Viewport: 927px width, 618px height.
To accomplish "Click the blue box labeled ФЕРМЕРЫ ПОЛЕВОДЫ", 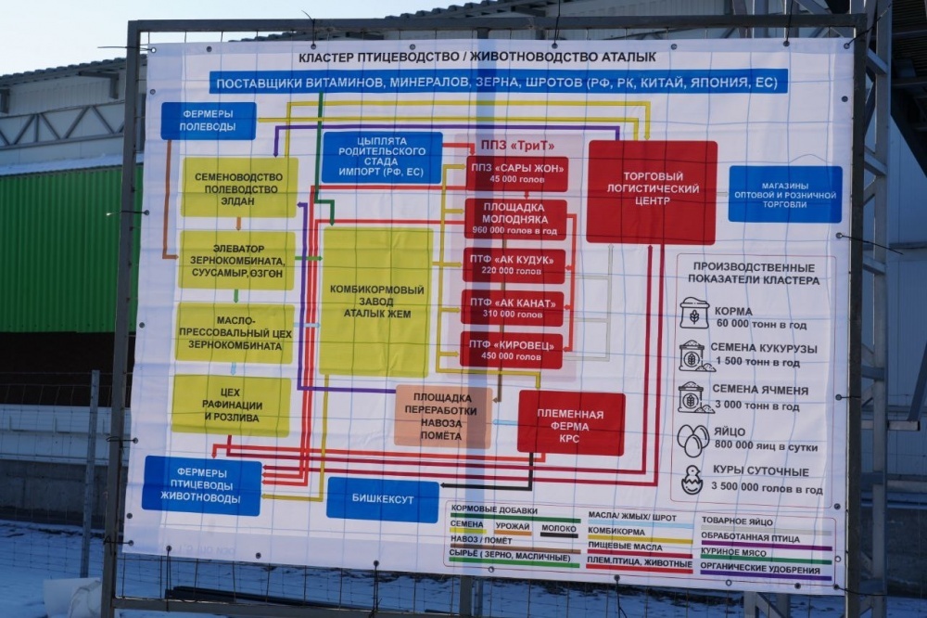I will click(x=208, y=121).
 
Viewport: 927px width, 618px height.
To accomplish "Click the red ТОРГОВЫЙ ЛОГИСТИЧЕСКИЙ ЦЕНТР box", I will click(x=651, y=191).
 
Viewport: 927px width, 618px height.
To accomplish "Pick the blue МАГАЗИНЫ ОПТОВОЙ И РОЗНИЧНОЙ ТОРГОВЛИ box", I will click(x=784, y=194).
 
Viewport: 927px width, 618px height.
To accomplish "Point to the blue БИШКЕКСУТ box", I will click(x=382, y=499).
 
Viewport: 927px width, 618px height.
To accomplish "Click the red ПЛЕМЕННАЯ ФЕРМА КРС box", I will click(x=571, y=422).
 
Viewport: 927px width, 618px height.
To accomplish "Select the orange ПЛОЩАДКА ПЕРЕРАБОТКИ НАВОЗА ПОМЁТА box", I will click(x=442, y=417).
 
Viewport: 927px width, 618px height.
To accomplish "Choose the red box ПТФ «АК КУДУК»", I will click(x=514, y=265).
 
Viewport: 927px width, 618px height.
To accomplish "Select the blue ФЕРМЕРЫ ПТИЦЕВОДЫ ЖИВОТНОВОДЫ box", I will click(x=201, y=485).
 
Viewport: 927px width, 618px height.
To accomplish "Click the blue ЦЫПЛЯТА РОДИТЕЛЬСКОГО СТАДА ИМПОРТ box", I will click(x=381, y=157).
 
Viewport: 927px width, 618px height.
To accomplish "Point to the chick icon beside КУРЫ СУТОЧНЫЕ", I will click(x=692, y=480).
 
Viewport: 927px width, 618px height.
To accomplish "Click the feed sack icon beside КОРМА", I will click(x=693, y=314).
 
